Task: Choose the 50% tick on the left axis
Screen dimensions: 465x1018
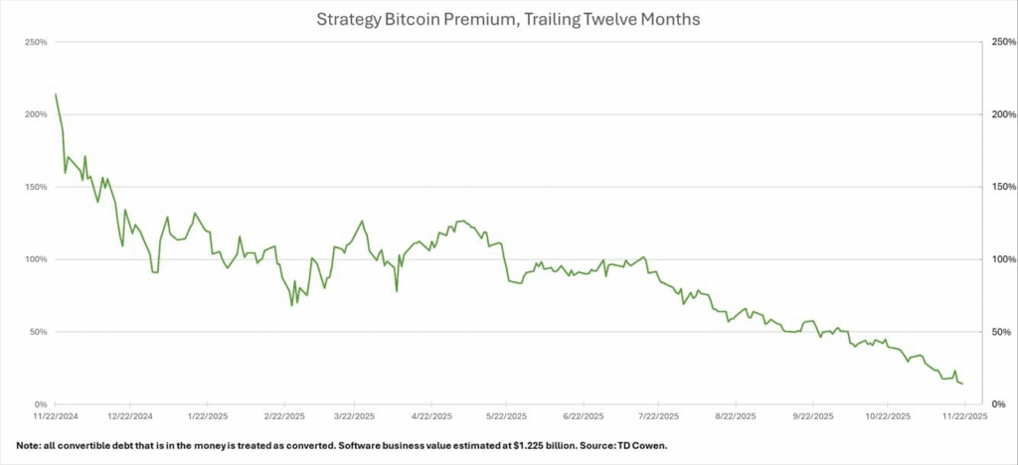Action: [39, 332]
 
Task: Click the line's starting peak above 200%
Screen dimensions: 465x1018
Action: [55, 94]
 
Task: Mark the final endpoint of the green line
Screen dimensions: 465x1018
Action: [961, 384]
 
